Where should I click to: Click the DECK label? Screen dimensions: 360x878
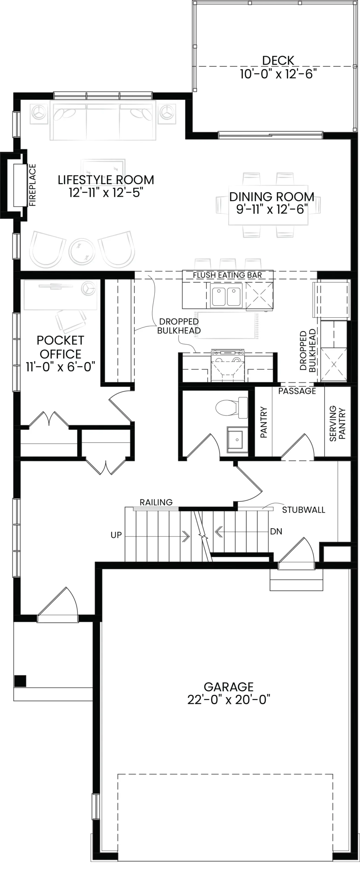pos(278,60)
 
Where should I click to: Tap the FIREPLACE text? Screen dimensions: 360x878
pos(33,185)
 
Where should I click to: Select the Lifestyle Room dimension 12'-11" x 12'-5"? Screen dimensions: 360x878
pos(106,192)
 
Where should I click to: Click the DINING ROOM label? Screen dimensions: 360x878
pos(272,197)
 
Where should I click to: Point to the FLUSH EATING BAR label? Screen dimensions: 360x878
pos(227,275)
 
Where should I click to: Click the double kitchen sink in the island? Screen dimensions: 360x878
pos(226,295)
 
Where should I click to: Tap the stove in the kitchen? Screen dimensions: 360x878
pos(228,366)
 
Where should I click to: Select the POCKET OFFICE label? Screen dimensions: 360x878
pos(60,347)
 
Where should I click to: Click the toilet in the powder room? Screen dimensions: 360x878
pos(232,407)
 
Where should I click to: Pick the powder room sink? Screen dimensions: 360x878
pos(237,438)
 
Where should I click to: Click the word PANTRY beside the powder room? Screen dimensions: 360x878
pos(264,422)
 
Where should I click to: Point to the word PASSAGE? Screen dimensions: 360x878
pos(297,391)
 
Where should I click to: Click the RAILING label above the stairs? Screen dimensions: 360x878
pos(156,502)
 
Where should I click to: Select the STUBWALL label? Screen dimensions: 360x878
pos(303,510)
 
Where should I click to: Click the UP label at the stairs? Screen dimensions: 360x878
pos(116,535)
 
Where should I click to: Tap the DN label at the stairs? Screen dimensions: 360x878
pos(276,532)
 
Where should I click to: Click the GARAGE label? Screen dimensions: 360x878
pos(229,687)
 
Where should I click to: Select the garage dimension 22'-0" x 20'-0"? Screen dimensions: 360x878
pos(229,699)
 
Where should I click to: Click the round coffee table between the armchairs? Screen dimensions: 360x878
pos(82,251)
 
